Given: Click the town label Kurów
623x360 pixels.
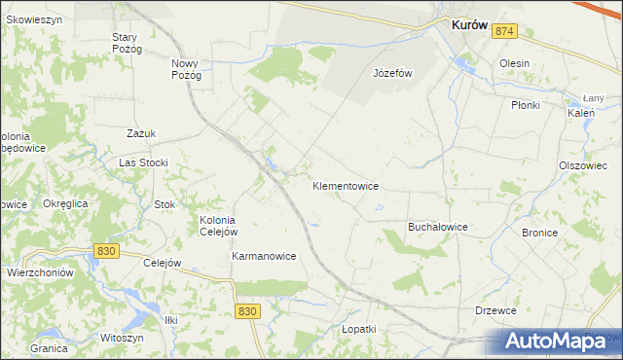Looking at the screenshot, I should [x=468, y=27].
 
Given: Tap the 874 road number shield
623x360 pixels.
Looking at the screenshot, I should [x=503, y=32].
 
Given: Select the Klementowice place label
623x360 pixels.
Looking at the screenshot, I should [x=346, y=185].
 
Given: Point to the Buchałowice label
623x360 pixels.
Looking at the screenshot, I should [x=437, y=227].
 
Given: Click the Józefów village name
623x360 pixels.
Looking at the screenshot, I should [x=393, y=73].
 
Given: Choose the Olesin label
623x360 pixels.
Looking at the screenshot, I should [x=514, y=63].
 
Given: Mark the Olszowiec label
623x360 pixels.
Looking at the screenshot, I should [x=583, y=165].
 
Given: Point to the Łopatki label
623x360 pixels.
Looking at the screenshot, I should [x=358, y=329].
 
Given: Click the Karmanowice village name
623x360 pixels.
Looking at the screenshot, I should [x=264, y=256].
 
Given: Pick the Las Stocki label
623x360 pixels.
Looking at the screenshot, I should [x=143, y=162].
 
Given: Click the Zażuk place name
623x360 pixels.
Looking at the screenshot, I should [x=142, y=133].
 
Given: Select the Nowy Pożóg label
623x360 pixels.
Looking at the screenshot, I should [x=186, y=69].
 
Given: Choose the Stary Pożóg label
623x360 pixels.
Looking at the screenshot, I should [x=127, y=43].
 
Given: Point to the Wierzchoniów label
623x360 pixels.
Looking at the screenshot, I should [x=40, y=273].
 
